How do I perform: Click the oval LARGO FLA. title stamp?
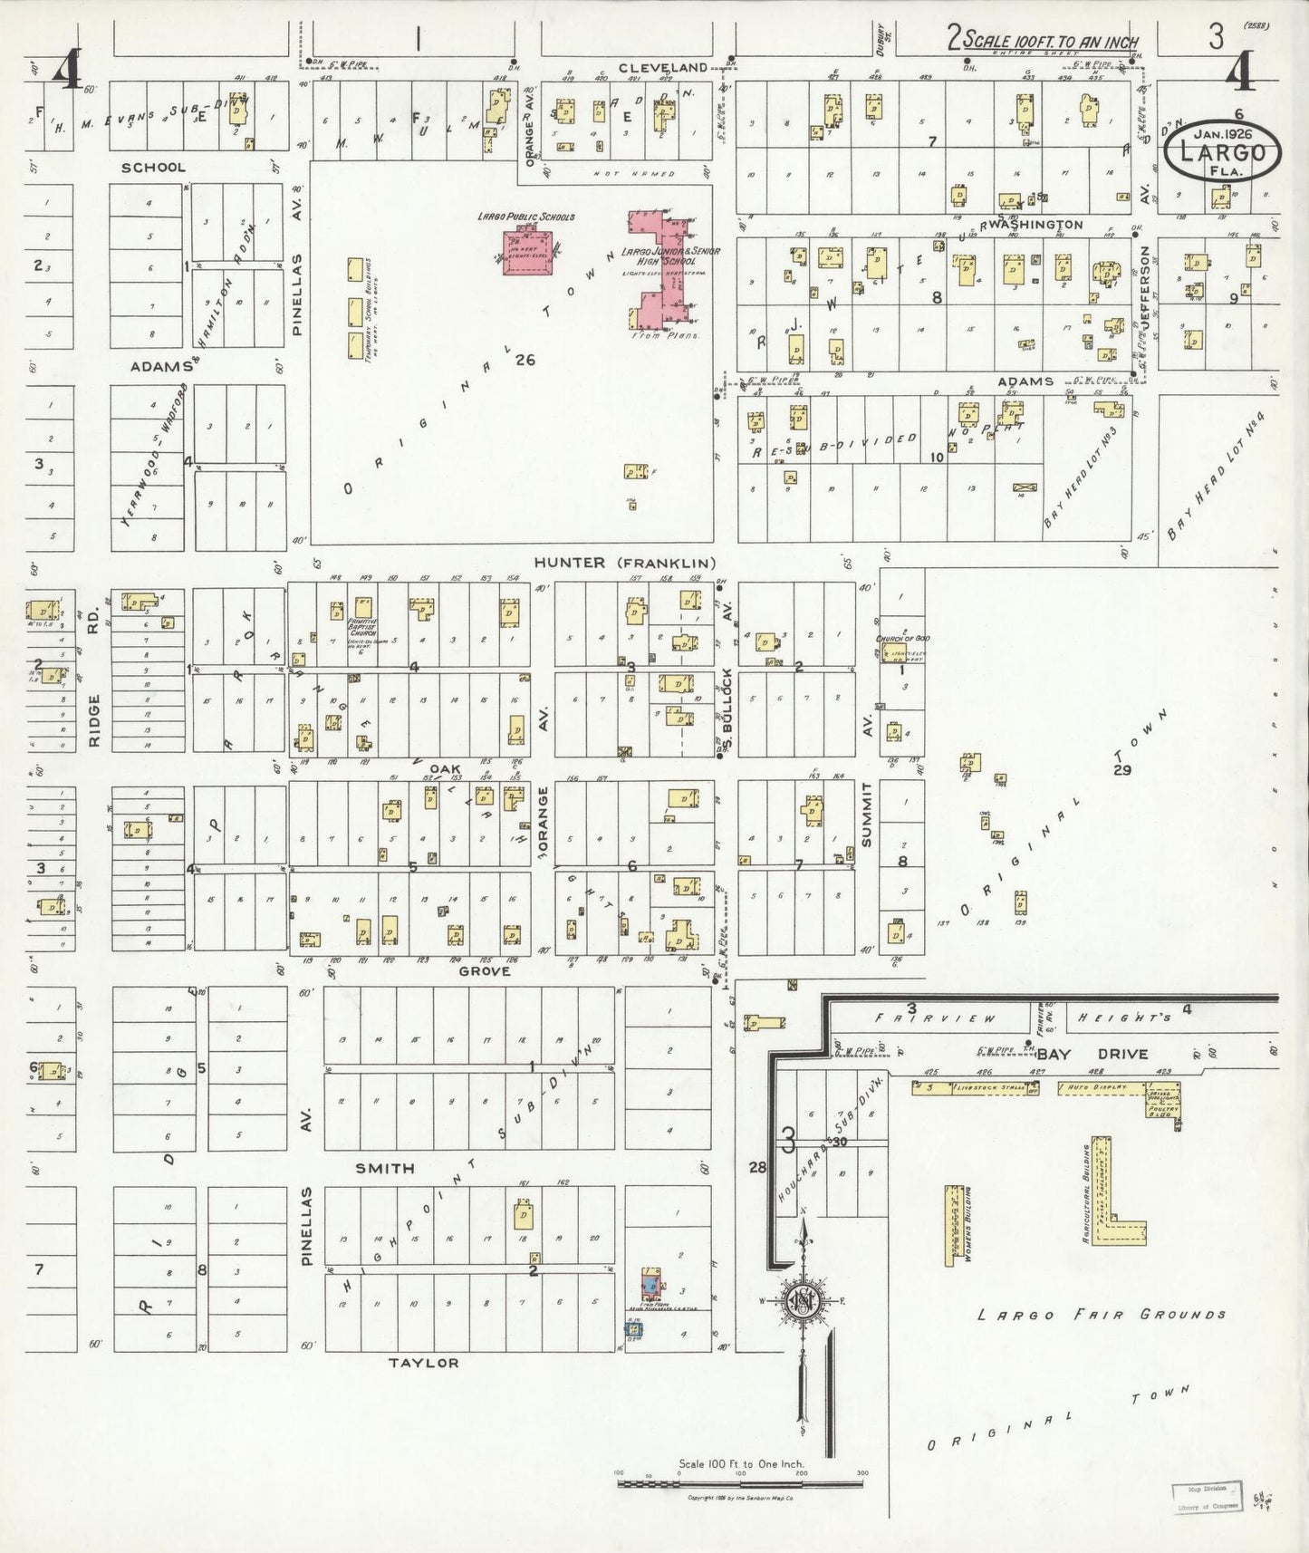(1222, 152)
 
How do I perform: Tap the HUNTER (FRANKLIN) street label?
(625, 563)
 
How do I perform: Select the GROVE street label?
(484, 970)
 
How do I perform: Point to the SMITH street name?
(384, 1168)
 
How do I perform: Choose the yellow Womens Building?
(953, 1225)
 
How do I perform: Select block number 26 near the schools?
(525, 360)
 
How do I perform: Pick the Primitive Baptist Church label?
(361, 625)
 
